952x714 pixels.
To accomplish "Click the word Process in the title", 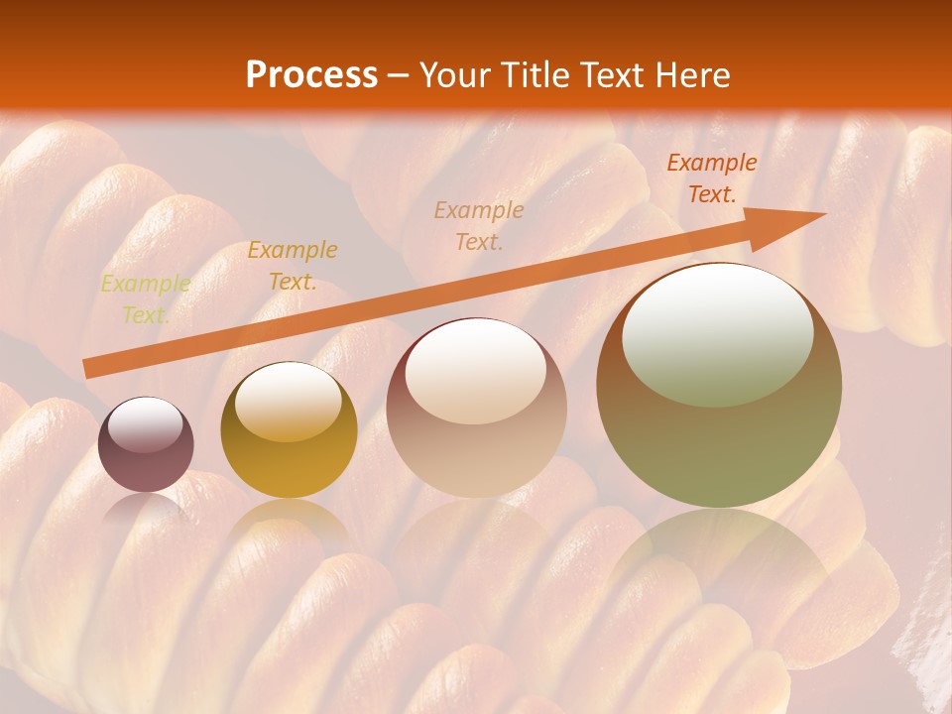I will [x=311, y=75].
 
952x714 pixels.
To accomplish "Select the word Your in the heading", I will [x=454, y=75].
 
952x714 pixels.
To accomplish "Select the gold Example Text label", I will [x=293, y=266].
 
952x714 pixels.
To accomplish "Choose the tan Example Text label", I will [x=479, y=225].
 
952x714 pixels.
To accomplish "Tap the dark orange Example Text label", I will [x=712, y=178].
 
